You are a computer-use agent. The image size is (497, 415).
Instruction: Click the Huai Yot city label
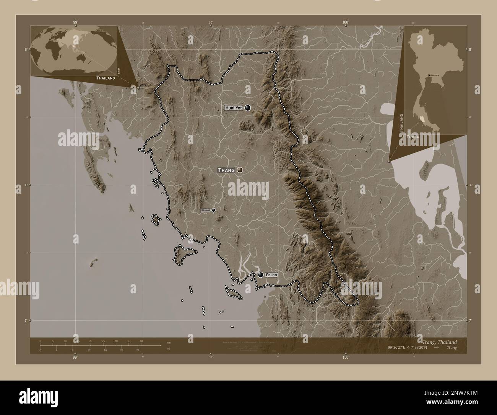234,108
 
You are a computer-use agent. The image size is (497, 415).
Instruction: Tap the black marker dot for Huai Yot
248,108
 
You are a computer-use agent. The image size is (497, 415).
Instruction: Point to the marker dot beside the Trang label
240,170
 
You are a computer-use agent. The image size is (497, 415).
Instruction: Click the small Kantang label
206,210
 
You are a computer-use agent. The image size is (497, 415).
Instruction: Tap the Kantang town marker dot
213,210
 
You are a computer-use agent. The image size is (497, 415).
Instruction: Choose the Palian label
271,275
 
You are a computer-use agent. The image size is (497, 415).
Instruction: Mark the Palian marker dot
261,274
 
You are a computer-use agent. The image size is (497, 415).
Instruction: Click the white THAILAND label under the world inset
106,78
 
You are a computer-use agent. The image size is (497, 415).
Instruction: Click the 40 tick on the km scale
141,341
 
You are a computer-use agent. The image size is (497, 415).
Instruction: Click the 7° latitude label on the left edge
26,320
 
